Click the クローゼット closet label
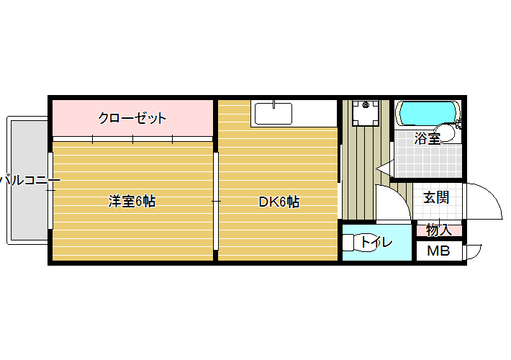point(132,118)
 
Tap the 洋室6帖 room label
point(132,201)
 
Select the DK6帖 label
point(279,202)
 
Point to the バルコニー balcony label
point(30,180)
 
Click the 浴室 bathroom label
point(428,138)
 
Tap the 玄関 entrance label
point(436,197)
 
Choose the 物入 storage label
point(439,230)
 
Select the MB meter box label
point(438,251)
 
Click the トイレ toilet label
point(376,242)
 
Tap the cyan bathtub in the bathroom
point(428,114)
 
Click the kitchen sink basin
point(273,114)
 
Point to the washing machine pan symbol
point(366,113)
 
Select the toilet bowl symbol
point(358,243)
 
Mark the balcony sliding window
point(50,191)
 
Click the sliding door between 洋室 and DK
point(216,201)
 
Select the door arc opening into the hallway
point(398,197)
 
